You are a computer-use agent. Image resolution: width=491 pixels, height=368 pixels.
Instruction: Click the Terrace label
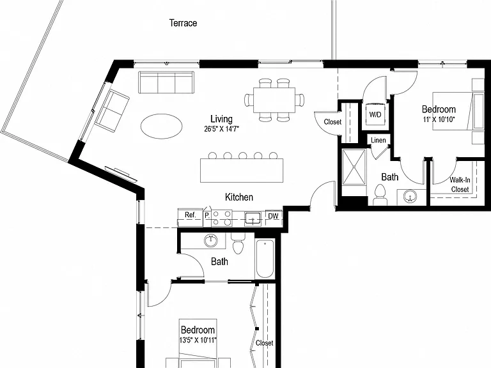point(183,23)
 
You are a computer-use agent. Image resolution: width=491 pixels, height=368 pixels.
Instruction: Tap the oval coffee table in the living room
point(161,126)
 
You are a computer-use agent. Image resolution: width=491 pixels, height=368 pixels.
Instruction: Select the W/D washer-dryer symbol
point(375,114)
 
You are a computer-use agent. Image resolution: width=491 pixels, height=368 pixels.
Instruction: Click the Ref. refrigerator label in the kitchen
point(190,215)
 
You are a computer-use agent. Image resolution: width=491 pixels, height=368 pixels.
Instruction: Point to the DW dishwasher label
point(273,216)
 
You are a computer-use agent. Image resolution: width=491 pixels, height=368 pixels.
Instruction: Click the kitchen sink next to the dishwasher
point(253,218)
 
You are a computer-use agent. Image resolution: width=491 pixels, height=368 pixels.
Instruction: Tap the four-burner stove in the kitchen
point(221,218)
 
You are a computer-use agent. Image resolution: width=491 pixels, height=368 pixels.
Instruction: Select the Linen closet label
point(378,140)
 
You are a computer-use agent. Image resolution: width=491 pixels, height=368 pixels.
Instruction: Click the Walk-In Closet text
point(460,185)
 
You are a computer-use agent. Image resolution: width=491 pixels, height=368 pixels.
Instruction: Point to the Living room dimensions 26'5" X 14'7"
point(221,129)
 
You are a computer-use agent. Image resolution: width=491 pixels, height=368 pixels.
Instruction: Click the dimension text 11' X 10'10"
point(439,119)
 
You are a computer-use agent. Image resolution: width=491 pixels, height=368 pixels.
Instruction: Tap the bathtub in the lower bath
point(265,259)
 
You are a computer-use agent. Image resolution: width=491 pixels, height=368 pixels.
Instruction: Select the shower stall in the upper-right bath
point(354,168)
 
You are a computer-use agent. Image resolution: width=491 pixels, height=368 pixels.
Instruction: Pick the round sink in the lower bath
point(211,241)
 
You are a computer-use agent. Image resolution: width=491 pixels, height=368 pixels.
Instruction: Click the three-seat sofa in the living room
point(166,82)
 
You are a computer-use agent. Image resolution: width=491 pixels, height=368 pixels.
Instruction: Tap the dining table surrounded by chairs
point(274,100)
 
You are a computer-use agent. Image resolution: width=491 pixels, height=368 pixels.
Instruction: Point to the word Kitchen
point(239,197)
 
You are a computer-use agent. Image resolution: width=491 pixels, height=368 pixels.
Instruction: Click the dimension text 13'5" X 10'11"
point(198,340)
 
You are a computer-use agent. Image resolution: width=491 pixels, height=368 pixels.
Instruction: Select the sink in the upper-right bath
point(410,197)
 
